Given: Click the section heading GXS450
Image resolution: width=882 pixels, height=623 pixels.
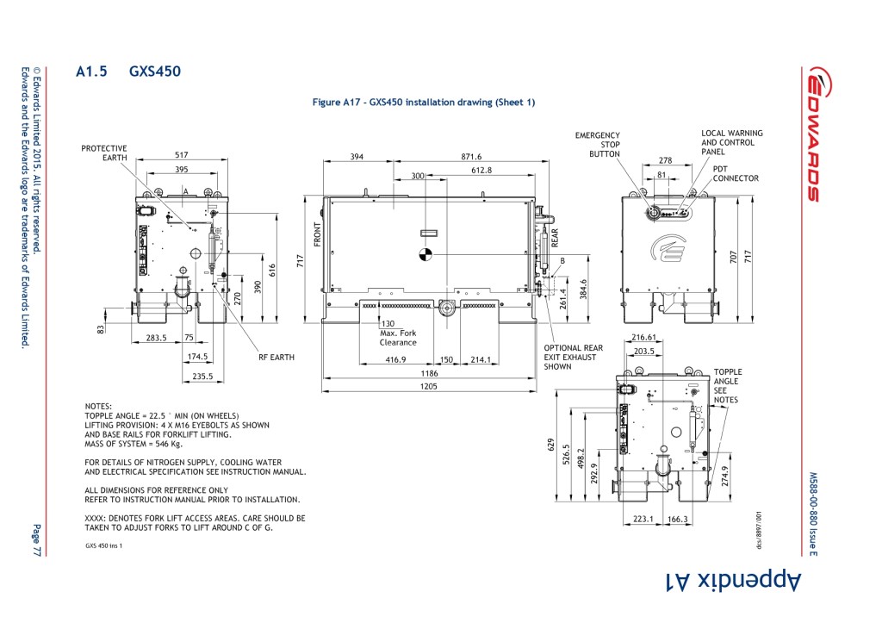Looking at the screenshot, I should pos(155,72).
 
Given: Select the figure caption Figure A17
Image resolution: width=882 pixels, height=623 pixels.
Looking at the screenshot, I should pos(423,103).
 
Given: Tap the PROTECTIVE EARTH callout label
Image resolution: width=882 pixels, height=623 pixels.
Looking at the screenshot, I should pos(104,153).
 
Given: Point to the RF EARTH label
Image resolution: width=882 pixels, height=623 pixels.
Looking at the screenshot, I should pos(276,356).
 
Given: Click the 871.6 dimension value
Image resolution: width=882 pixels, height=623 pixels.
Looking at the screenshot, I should pos(471,157).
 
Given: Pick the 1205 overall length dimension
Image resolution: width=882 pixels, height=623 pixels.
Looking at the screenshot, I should pos(429,387).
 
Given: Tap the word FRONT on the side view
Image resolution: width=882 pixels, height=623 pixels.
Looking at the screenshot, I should pos(317,234).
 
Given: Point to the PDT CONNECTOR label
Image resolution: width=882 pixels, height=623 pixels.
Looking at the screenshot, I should pos(736,174).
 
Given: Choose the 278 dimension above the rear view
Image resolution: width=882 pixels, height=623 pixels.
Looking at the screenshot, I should pos(665,161).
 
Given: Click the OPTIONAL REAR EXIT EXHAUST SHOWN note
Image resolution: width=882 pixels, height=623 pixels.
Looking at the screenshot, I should pos(573,357).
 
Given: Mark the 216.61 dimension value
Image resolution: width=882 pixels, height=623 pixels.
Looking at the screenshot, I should pos(643,338).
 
